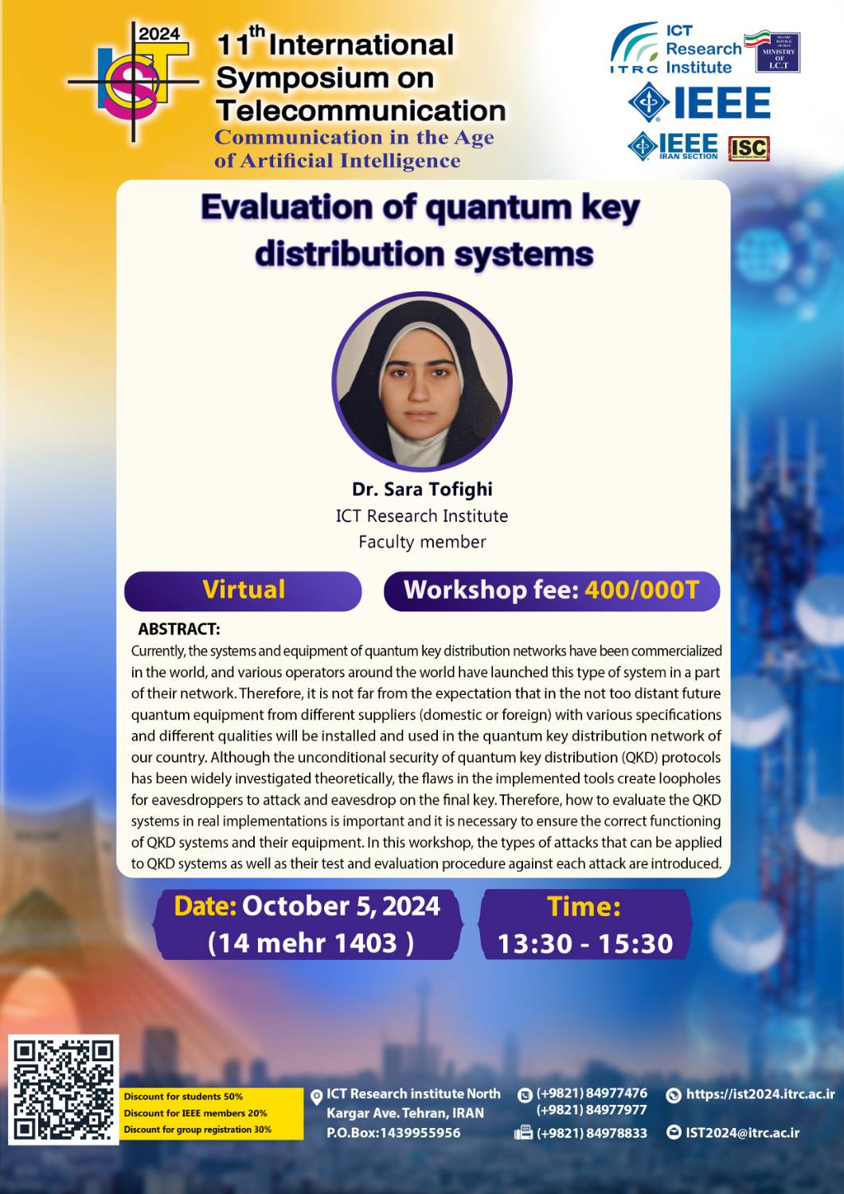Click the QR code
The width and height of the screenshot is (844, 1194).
tap(63, 1093)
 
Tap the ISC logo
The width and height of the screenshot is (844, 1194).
tap(748, 148)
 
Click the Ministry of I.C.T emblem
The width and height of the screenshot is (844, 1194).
tap(777, 53)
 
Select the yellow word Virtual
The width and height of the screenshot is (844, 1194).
tap(243, 590)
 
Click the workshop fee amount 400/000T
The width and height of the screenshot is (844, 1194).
tap(642, 590)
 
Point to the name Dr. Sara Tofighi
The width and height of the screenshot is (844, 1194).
tap(422, 489)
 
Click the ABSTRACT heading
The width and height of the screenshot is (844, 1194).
tap(178, 629)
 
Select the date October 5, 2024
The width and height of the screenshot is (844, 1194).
tap(342, 906)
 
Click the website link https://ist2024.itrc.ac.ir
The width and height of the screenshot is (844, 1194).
tap(760, 1094)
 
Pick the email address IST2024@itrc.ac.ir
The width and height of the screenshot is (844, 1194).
tap(742, 1133)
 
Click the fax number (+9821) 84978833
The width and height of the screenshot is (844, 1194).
tap(592, 1133)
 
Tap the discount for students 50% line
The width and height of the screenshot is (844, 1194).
tap(183, 1096)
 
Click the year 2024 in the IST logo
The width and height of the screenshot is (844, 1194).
tap(159, 34)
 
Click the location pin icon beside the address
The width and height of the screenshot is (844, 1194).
tap(317, 1096)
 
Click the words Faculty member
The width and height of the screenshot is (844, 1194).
tap(422, 541)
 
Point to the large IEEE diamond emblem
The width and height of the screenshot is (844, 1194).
tap(649, 102)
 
